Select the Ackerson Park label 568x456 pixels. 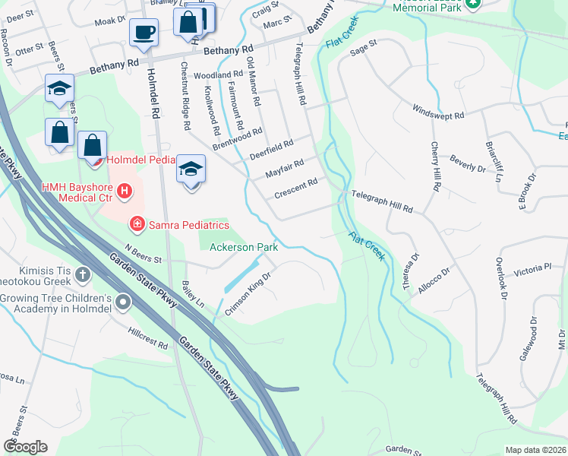[x=244, y=247]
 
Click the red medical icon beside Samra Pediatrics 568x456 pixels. [x=137, y=223]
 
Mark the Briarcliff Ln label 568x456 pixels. [x=494, y=162]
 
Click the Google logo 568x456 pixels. [x=25, y=446]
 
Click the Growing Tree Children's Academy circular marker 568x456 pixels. [x=122, y=304]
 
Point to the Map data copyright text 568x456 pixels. [x=535, y=450]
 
